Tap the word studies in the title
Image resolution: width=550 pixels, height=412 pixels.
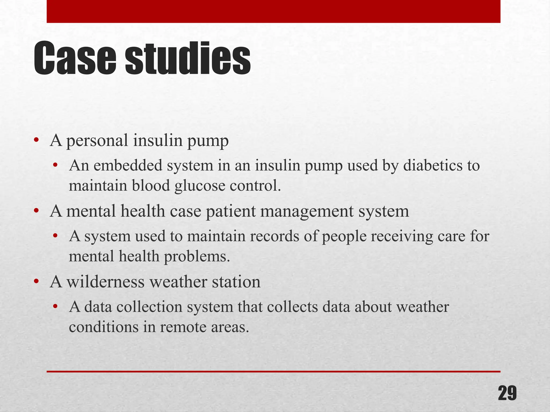187,58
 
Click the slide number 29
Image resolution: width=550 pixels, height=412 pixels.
507,393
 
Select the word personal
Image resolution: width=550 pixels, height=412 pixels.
97,141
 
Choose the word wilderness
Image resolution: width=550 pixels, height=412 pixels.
106,282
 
